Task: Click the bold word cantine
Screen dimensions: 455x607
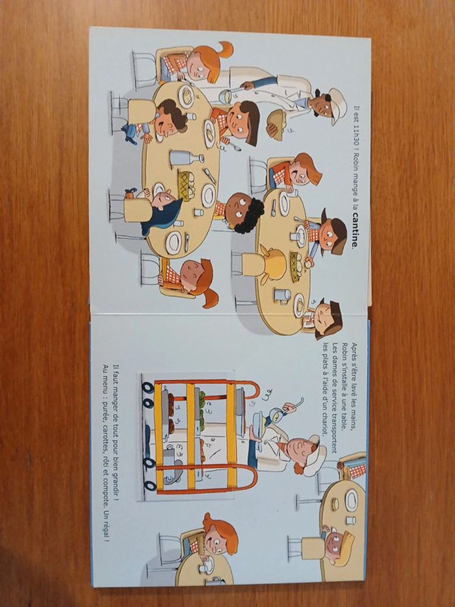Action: (354, 230)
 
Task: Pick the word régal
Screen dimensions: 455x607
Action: (105, 532)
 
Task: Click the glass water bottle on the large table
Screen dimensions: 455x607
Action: (186, 157)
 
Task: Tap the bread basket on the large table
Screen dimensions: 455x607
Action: (185, 187)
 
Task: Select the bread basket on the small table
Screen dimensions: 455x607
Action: (297, 267)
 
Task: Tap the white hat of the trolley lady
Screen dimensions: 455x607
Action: (314, 455)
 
